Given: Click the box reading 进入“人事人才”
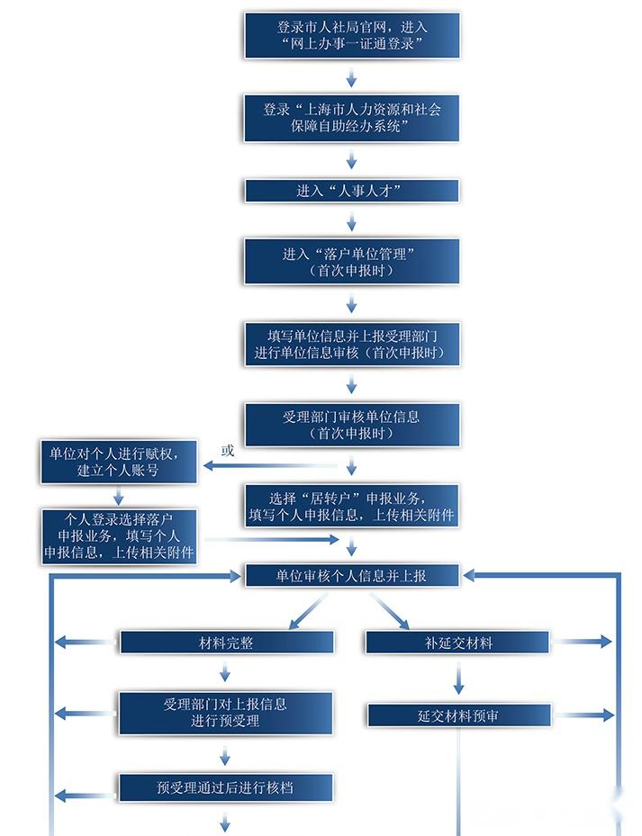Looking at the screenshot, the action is pos(352,191).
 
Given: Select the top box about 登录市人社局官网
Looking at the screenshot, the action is pos(352,35).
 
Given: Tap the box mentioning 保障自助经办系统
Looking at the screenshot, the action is pos(352,118).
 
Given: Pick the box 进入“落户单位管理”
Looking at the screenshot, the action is pos(352,262).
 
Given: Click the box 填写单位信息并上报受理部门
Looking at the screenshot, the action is pos(352,345).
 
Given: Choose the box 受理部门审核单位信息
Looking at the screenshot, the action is pos(352,425).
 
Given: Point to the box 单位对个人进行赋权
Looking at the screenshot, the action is pos(119,462).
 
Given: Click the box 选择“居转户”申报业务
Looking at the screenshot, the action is pos(352,506).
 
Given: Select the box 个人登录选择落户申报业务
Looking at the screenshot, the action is pos(119,536).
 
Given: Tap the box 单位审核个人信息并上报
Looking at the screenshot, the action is pos(352,576).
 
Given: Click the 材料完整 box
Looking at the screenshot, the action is pos(227,643).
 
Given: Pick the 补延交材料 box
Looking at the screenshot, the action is pos(457,643).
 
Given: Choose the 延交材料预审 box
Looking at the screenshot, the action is pos(458,715).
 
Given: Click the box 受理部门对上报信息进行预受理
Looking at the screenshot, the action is pos(226,714).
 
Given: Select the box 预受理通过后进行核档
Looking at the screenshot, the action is pos(226,787).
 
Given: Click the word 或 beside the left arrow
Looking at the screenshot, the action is pos(228,451).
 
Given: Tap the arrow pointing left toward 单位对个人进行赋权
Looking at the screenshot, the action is pos(270,466).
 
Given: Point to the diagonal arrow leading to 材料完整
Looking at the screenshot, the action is pos(308,612).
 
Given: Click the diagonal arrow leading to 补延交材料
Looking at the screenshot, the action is pos(390,612).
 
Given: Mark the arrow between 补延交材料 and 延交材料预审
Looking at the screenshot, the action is pos(458,679).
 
